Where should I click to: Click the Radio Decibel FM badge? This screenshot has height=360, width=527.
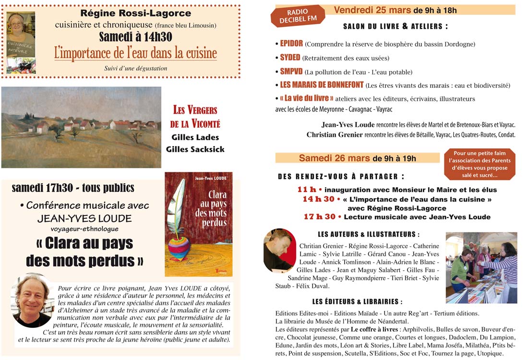click(x=298, y=16)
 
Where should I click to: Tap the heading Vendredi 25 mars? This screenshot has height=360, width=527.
click(x=372, y=10)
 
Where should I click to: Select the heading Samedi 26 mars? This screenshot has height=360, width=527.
click(x=334, y=158)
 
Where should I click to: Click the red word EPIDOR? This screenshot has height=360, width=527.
click(x=291, y=44)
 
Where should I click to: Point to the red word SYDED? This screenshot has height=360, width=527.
click(x=290, y=58)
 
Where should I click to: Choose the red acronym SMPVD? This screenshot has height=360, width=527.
click(x=291, y=72)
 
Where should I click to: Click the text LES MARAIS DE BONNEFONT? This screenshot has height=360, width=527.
click(x=322, y=85)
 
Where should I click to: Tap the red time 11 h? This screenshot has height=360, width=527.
click(x=307, y=190)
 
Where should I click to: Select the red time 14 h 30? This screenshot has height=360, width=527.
click(x=318, y=199)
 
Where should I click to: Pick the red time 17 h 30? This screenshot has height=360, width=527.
click(x=320, y=217)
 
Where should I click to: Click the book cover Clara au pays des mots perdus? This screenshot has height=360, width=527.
click(x=198, y=224)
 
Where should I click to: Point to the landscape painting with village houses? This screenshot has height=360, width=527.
click(x=81, y=127)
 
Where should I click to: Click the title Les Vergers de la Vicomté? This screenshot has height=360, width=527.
click(x=195, y=117)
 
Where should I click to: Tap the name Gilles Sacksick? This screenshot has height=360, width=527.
click(x=195, y=149)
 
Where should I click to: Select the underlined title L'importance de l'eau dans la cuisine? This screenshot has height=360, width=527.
click(x=135, y=53)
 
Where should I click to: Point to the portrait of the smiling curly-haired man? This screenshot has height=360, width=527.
click(x=33, y=301)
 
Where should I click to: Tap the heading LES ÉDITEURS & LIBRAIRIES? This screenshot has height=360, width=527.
click(x=357, y=302)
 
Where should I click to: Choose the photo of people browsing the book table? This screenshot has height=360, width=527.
click(x=481, y=268)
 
